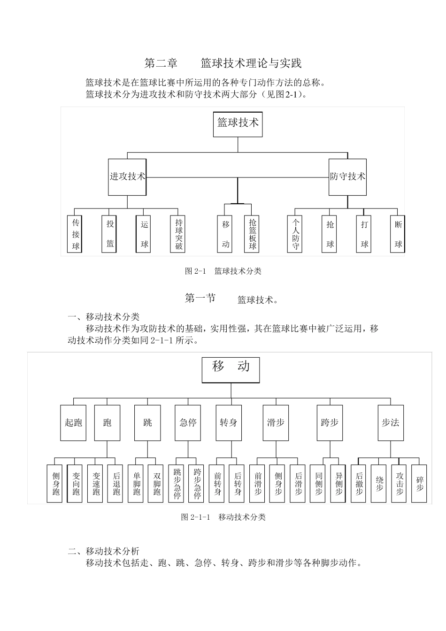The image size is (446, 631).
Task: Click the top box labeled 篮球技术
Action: pyautogui.click(x=238, y=124)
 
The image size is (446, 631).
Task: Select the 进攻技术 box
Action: pyautogui.click(x=127, y=177)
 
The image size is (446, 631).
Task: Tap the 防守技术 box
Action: pyautogui.click(x=347, y=177)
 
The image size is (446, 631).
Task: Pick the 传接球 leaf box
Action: pyautogui.click(x=76, y=234)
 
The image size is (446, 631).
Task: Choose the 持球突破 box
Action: pyautogui.click(x=178, y=234)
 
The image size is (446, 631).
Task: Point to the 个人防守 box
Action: pyautogui.click(x=295, y=234)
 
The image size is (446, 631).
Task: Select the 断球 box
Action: pyautogui.click(x=398, y=234)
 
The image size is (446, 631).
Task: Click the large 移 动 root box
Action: pyautogui.click(x=231, y=370)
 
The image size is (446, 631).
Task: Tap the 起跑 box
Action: pyautogui.click(x=73, y=423)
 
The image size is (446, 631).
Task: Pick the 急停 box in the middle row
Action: pyautogui.click(x=188, y=423)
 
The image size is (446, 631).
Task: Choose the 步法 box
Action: pyautogui.click(x=390, y=423)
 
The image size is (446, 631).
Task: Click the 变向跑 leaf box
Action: pyautogui.click(x=76, y=484)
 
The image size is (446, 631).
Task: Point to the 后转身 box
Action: pyautogui.click(x=238, y=484)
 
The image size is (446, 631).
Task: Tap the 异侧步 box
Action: pyautogui.click(x=338, y=484)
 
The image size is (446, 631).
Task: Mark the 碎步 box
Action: pyautogui.click(x=419, y=484)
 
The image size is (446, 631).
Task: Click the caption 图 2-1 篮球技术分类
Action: pyautogui.click(x=223, y=271)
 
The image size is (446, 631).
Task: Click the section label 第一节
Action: pyautogui.click(x=200, y=299)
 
